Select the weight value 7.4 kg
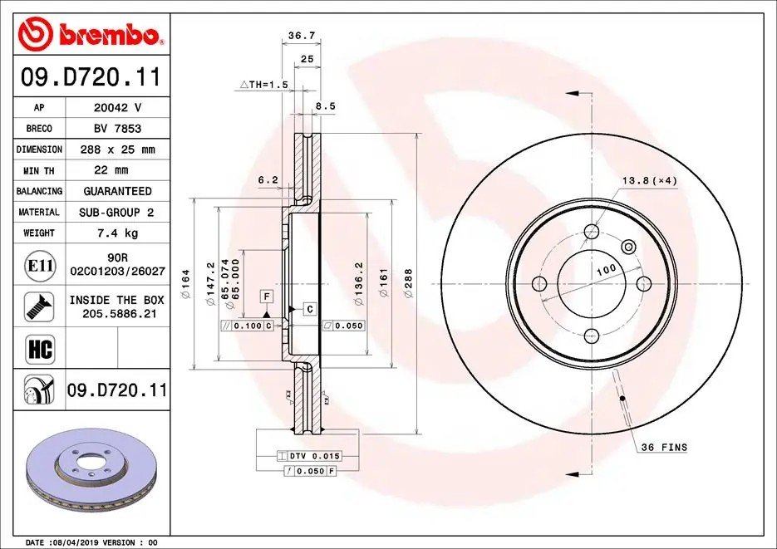pyautogui.click(x=118, y=233)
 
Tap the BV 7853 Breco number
pyautogui.click(x=118, y=128)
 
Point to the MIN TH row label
pyautogui.click(x=39, y=171)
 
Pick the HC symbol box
pyautogui.click(x=40, y=349)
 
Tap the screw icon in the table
pyautogui.click(x=39, y=306)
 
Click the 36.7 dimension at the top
pyautogui.click(x=302, y=35)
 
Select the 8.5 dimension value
pyautogui.click(x=326, y=106)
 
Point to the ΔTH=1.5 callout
pyautogui.click(x=263, y=85)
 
